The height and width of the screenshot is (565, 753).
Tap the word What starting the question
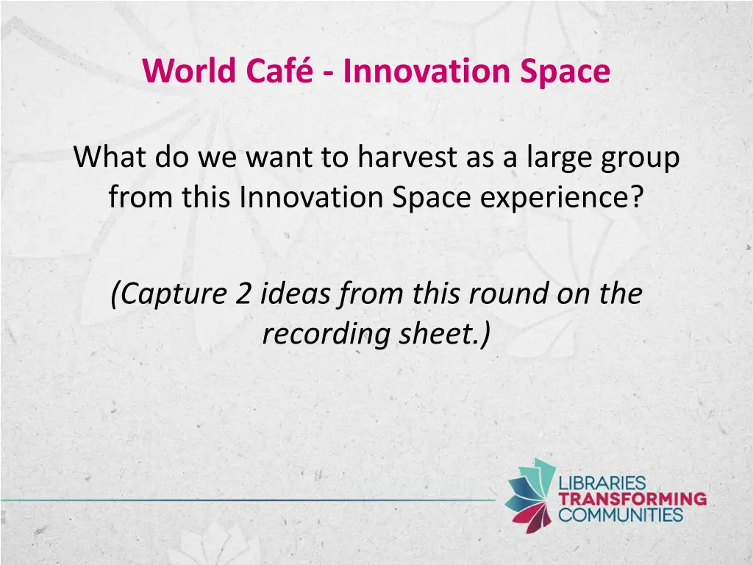pos(110,158)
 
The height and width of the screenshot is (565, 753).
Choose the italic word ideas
pos(295,295)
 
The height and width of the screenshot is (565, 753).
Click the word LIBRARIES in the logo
pos(602,483)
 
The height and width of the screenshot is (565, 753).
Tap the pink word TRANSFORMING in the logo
pos(632,499)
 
